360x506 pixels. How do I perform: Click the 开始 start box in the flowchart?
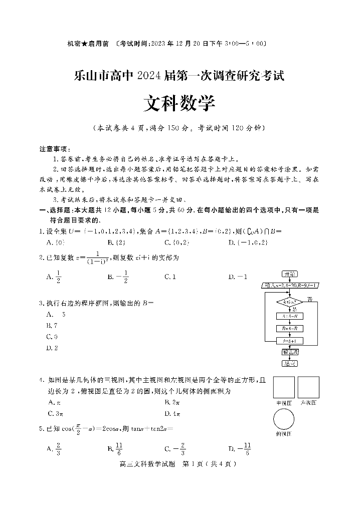click(289, 274)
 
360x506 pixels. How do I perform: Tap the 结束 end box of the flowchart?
click(289, 364)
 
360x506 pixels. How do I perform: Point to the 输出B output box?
click(289, 352)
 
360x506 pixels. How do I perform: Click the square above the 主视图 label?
click(284, 387)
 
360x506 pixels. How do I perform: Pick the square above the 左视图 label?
click(308, 387)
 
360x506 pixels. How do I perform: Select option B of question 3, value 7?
click(53, 326)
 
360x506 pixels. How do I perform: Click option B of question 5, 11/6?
click(115, 449)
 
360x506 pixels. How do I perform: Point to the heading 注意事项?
click(55, 149)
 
